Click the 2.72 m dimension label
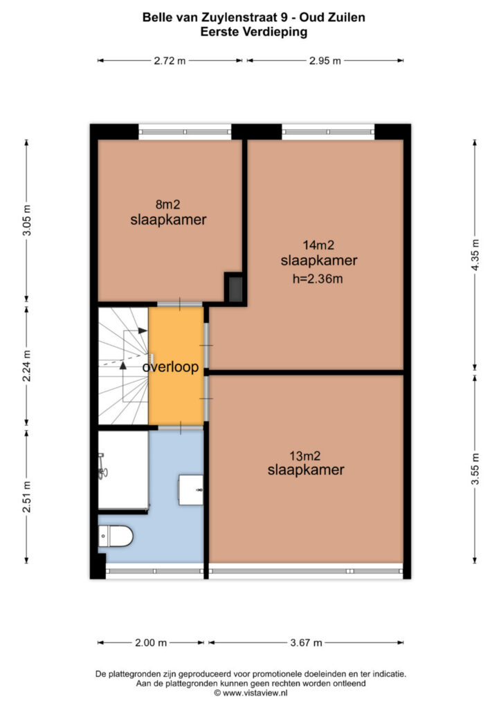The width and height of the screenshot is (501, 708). [x=170, y=61]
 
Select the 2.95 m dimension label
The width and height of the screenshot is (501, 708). [x=325, y=61]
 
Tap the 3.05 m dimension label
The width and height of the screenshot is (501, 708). [x=27, y=221]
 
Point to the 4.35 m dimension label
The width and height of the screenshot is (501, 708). [x=475, y=254]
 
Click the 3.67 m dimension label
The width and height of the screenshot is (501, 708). [x=306, y=642]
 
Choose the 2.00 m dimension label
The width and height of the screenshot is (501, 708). [x=151, y=642]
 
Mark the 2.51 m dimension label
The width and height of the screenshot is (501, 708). [x=27, y=496]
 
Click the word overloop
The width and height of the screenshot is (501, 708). [x=170, y=367]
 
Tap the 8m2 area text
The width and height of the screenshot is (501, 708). [x=167, y=205]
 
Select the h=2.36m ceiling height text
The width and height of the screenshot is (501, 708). [x=318, y=279]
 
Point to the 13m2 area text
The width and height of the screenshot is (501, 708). [x=305, y=456]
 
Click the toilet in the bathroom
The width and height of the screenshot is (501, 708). [x=116, y=537]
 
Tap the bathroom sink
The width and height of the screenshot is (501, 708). [x=190, y=490]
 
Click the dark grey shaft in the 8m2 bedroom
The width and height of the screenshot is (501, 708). [x=235, y=289]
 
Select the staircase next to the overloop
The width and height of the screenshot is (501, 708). [x=123, y=366]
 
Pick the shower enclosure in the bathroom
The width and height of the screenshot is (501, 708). [x=123, y=470]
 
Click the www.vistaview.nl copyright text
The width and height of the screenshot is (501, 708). [x=250, y=693]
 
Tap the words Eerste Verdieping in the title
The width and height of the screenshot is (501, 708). [x=254, y=32]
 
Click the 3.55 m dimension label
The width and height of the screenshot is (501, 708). [x=475, y=469]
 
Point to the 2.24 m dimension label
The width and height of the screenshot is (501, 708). [x=27, y=366]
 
